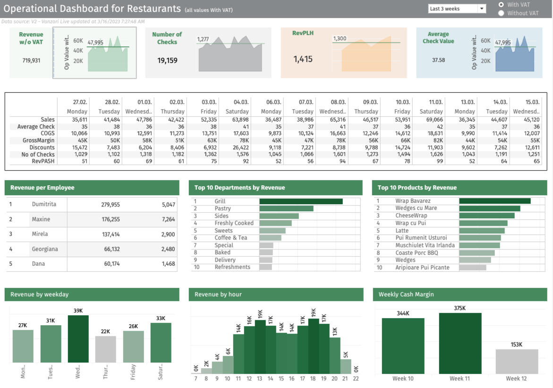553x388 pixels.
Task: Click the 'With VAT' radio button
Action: click(x=501, y=5)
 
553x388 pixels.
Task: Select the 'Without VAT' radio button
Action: click(x=501, y=13)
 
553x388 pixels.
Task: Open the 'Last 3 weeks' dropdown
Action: click(x=482, y=9)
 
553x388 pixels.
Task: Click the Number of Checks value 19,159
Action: click(x=167, y=60)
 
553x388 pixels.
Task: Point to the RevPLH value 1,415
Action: click(x=303, y=59)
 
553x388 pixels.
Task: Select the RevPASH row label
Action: click(x=45, y=161)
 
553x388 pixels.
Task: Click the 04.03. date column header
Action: click(x=241, y=102)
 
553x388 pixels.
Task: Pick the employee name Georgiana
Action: click(x=45, y=249)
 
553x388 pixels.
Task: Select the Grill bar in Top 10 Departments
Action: click(x=301, y=201)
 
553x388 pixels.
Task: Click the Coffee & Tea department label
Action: click(x=230, y=238)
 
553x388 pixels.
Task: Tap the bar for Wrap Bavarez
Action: click(x=494, y=201)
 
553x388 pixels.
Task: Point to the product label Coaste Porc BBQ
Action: click(x=417, y=253)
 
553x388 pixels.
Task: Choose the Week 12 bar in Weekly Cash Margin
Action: click(x=517, y=362)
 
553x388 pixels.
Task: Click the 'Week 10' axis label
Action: click(x=403, y=379)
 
